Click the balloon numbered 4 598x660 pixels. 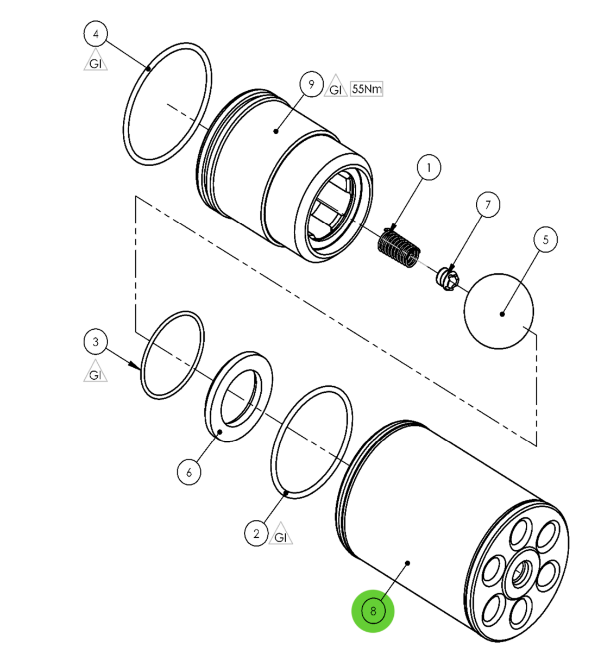pyautogui.click(x=96, y=34)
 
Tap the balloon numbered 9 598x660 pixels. pyautogui.click(x=311, y=85)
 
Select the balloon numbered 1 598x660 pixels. pyautogui.click(x=429, y=168)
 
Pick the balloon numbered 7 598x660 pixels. pyautogui.click(x=488, y=205)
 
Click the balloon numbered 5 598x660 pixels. pyautogui.click(x=545, y=240)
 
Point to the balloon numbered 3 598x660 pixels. pyautogui.click(x=96, y=342)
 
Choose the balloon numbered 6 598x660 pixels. pyautogui.click(x=189, y=472)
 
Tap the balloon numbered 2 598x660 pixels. pyautogui.click(x=256, y=533)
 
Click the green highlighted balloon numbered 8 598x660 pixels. pyautogui.click(x=373, y=611)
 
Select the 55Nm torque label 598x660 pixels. pyautogui.click(x=367, y=89)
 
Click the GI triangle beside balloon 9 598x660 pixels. pyautogui.click(x=336, y=87)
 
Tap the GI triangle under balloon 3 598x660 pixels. pyautogui.click(x=96, y=373)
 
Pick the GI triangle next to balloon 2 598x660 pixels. pyautogui.click(x=280, y=535)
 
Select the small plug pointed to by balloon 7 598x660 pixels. pyautogui.click(x=449, y=279)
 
